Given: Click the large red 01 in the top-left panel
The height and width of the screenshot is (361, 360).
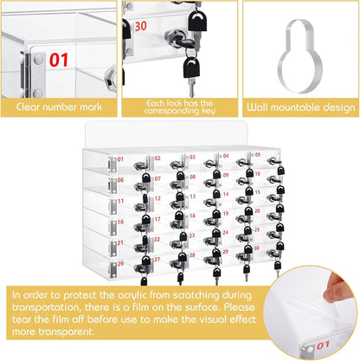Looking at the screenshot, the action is (59, 60).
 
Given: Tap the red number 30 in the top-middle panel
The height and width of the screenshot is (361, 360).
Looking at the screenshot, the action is (141, 27).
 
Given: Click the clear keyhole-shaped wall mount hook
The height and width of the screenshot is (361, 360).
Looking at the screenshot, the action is (300, 56).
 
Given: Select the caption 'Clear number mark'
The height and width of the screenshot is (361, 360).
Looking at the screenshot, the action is (59, 107).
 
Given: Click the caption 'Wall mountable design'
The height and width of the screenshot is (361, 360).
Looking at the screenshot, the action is (301, 107).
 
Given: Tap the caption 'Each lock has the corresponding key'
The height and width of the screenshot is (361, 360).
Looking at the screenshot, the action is (179, 107).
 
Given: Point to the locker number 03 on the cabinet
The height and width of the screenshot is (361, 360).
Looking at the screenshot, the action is (192, 157).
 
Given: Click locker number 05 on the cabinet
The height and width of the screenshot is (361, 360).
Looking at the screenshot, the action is (258, 155).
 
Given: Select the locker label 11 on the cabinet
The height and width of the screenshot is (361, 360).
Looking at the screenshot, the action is (120, 201).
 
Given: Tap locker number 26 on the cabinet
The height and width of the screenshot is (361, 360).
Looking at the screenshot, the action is (120, 263).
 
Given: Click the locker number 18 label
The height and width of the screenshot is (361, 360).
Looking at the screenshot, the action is (192, 216).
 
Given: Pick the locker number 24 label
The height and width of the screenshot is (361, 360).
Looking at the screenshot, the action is (225, 232).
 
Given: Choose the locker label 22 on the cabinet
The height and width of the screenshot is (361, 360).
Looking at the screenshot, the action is (157, 239).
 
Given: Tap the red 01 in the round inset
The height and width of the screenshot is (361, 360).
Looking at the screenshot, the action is (323, 345).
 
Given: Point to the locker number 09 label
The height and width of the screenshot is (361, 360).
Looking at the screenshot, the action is (226, 175).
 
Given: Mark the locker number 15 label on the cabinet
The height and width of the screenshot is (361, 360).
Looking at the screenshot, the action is (257, 192).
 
